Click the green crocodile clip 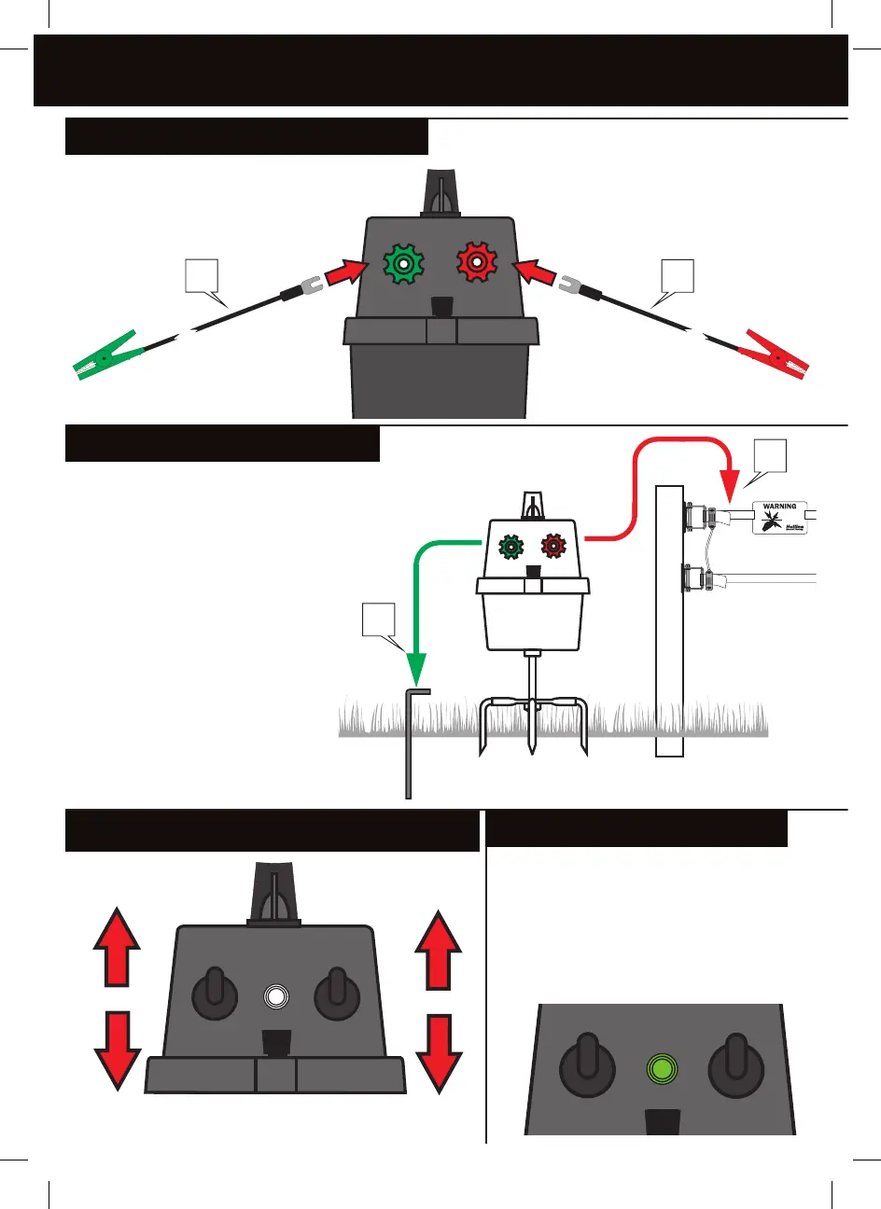point(107,355)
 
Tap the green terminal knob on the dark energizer point(403,264)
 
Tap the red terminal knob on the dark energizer point(476,264)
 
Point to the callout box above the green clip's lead point(202,276)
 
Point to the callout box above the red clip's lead point(678,276)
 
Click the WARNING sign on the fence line point(779,519)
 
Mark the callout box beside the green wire point(379,619)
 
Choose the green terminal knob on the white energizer point(510,547)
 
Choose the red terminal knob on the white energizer point(553,546)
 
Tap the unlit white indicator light point(274,997)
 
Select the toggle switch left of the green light point(586,1064)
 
